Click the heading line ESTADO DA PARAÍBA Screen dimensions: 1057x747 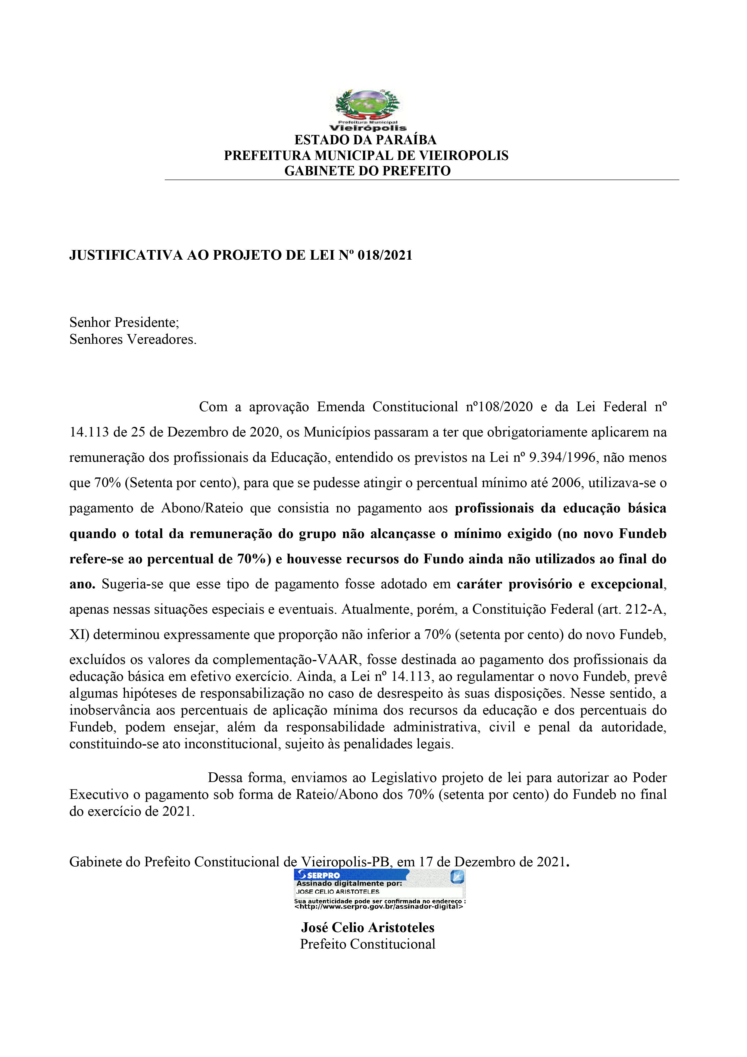click(365, 139)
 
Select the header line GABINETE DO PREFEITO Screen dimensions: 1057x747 click(367, 171)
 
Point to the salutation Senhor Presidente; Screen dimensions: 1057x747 click(124, 322)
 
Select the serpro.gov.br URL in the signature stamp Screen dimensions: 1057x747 click(378, 906)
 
